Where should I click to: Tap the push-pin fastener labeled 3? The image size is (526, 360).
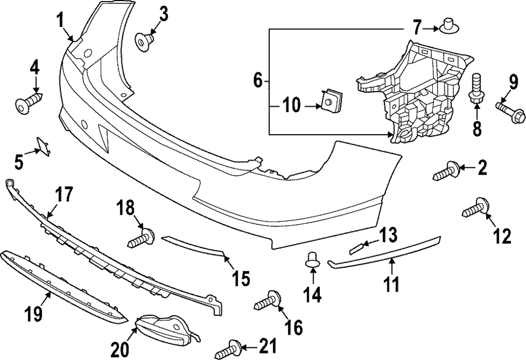pyautogui.click(x=144, y=40)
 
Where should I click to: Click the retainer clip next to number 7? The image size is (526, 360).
pyautogui.click(x=448, y=25)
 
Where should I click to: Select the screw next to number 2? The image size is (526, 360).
pyautogui.click(x=447, y=172)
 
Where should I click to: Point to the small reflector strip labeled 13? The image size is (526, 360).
pyautogui.click(x=359, y=246)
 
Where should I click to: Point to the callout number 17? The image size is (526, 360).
pyautogui.click(x=64, y=196)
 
